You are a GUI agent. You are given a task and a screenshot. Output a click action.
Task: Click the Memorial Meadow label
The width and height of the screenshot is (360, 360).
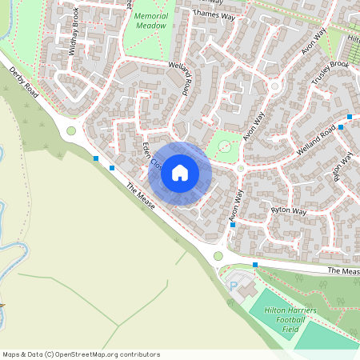coord(150,21)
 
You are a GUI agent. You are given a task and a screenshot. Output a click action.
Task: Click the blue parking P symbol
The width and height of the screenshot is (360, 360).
coord(234,286)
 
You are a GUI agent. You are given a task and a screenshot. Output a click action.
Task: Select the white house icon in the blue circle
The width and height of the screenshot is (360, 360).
coord(180,173)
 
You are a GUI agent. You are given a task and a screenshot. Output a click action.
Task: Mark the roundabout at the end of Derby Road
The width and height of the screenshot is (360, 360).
coord(71,131)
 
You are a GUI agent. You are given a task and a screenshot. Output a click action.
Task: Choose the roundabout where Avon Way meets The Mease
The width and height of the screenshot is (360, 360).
coord(218,256)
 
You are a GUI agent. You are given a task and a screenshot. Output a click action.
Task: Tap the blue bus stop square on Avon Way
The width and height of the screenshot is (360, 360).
coord(233,225)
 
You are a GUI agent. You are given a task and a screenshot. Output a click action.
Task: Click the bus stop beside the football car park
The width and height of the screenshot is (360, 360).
coord(255,264)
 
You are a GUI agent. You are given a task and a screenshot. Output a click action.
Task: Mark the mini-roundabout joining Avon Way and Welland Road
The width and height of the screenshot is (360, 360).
coord(241,168)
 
